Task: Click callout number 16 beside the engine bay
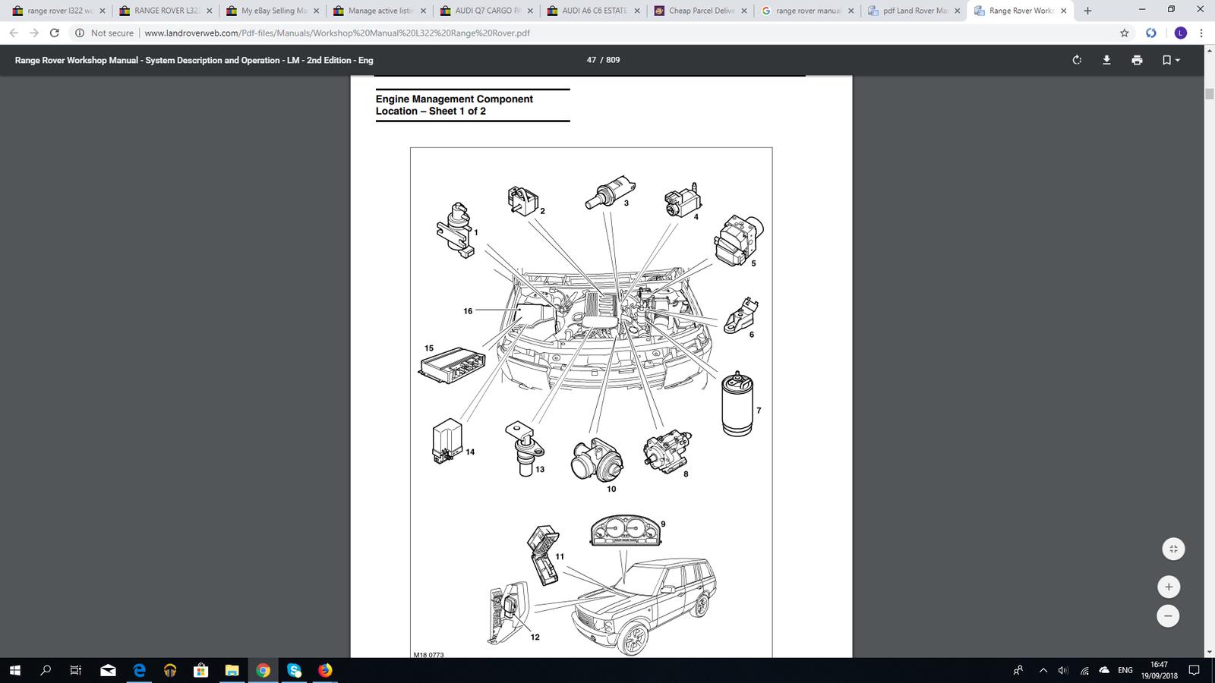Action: coord(468,311)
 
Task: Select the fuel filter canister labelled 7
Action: coord(737,404)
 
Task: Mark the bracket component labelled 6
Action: coord(742,316)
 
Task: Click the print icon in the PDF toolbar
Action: coord(1137,60)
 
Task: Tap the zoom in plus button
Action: coord(1168,587)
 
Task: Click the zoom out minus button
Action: coord(1168,616)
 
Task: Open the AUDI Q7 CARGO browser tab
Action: coord(487,11)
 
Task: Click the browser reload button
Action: coord(54,33)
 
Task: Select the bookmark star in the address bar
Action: coord(1125,33)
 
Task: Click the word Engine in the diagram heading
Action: coord(393,99)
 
